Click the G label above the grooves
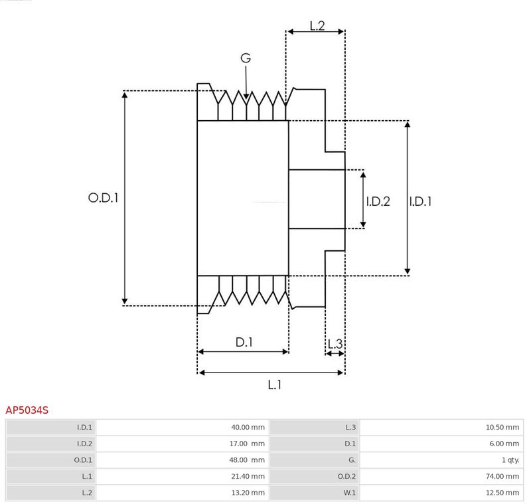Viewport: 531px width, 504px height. (246, 58)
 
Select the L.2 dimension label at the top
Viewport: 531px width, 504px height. (317, 26)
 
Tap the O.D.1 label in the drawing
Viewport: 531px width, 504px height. (104, 198)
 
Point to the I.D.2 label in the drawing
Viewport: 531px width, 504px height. (378, 201)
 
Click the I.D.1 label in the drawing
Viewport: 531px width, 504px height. (420, 201)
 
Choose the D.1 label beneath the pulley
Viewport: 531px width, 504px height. (244, 343)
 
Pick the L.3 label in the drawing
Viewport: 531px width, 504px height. (335, 344)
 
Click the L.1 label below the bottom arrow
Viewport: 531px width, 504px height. (274, 384)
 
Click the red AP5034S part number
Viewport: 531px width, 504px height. (27, 410)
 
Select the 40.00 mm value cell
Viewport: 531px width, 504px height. (248, 428)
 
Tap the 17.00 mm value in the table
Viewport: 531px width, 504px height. (247, 444)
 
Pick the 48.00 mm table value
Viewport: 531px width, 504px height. (247, 460)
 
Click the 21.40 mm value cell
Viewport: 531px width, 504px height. (248, 476)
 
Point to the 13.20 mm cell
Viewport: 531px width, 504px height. (248, 493)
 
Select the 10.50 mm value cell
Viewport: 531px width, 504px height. (502, 428)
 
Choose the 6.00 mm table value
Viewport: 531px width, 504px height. (504, 444)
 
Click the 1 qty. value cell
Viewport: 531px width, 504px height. (510, 460)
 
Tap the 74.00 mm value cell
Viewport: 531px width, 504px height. (502, 476)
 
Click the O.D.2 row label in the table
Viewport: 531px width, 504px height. (346, 476)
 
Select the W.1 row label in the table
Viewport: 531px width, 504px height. (350, 493)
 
